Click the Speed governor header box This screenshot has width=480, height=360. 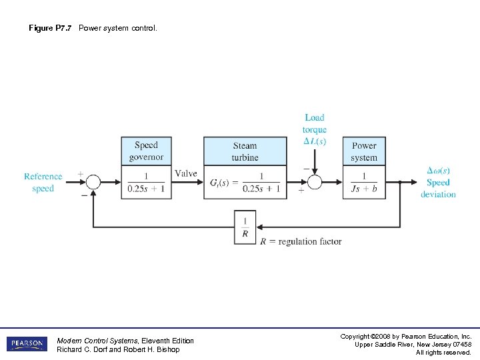[x=146, y=151]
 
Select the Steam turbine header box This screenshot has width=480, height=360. [x=245, y=151]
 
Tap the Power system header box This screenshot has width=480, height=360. [x=364, y=151]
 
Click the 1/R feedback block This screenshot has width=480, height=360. [x=245, y=227]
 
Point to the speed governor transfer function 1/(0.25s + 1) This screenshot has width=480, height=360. [x=146, y=182]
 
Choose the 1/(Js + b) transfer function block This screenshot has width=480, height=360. [x=364, y=182]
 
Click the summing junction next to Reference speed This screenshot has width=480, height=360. [x=93, y=182]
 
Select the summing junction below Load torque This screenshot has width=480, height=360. [x=315, y=182]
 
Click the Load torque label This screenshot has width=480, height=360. [x=314, y=129]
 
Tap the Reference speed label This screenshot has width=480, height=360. [x=43, y=182]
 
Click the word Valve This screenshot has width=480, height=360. [x=185, y=173]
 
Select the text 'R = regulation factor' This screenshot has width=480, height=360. [x=301, y=241]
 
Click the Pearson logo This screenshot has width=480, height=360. [x=27, y=344]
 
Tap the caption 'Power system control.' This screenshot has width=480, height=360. [x=118, y=28]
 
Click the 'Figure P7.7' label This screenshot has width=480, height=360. [x=51, y=28]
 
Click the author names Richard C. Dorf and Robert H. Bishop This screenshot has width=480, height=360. [x=118, y=349]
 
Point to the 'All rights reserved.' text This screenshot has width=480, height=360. [x=443, y=352]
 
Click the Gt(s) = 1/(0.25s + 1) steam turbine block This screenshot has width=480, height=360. [x=245, y=182]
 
